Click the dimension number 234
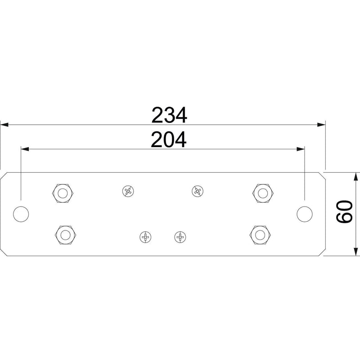[169, 115]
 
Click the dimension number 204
[169, 139]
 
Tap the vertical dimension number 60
[344, 211]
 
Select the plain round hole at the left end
[21, 214]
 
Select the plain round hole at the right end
[305, 214]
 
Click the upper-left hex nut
[63, 193]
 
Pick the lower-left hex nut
[66, 235]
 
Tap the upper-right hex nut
[263, 193]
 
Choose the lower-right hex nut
[260, 235]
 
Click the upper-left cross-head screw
[128, 191]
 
